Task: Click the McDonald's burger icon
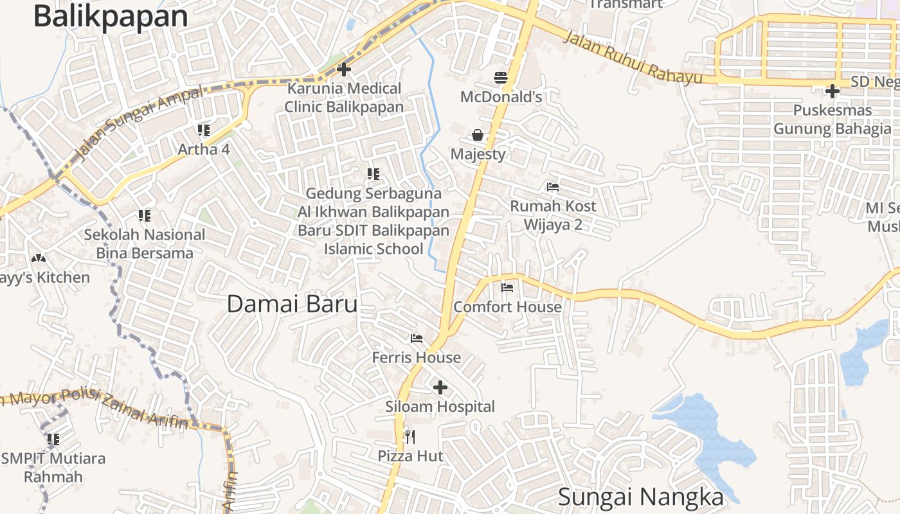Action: coord(501,78)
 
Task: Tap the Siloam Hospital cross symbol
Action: coord(440,387)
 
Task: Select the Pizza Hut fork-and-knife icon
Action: coord(410,437)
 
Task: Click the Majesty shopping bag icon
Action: coord(478,135)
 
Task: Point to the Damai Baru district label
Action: coord(292,304)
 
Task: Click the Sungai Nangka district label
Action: coord(640,497)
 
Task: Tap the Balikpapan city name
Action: coord(111,17)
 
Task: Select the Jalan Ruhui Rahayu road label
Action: coord(633,57)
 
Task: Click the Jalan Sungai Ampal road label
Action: coord(139,122)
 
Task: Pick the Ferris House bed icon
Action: coord(417,338)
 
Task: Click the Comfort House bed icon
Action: coord(507,287)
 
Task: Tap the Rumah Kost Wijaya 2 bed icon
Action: coord(553,187)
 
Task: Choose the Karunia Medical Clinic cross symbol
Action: coord(344,69)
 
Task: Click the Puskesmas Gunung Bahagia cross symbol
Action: coord(833,91)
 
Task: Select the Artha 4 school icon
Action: coord(204,130)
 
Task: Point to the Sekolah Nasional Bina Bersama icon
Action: coord(145,216)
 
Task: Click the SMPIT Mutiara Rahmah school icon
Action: coord(53,439)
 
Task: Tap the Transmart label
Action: coord(625,4)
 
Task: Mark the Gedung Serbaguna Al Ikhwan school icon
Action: coord(373,173)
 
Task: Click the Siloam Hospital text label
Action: coord(440,407)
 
